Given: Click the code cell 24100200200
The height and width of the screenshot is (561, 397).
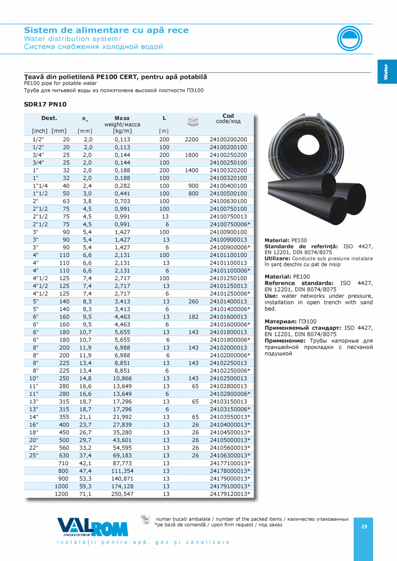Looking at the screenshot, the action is (228, 140).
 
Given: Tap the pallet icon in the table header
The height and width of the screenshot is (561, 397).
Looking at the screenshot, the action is (193, 122).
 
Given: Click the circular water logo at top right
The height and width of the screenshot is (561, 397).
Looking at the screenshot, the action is (350, 38).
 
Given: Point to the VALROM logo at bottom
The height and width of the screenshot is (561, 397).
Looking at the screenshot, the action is (92, 527).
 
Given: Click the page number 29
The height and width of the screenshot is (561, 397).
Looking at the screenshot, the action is (364, 527).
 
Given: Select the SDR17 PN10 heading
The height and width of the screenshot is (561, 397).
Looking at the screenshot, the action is (45, 104).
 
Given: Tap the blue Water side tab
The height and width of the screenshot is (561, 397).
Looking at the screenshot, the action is (387, 72).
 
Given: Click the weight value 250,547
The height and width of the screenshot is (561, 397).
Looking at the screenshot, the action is (122, 494).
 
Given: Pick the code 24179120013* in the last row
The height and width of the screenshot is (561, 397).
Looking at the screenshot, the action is (230, 494).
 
